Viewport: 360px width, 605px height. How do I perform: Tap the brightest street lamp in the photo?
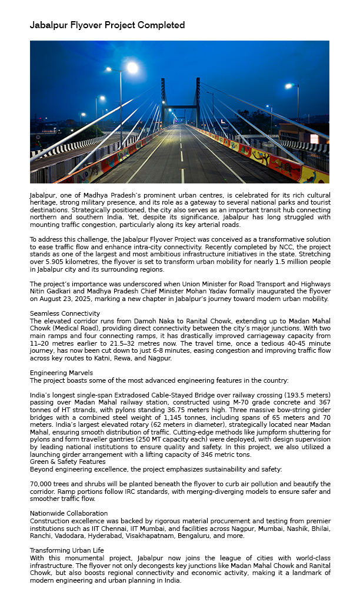[x=132, y=68]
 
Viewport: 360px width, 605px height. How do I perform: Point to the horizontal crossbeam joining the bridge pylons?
[x=181, y=106]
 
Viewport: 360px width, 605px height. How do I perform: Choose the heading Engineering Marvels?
[x=61, y=373]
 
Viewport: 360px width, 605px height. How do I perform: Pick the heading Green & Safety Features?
[x=67, y=462]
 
